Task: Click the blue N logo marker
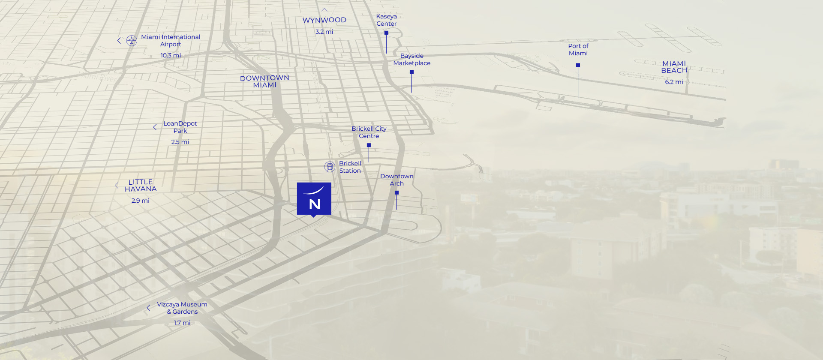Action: click(x=314, y=199)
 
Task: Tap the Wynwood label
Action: click(x=324, y=20)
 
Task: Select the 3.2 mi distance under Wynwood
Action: click(x=324, y=32)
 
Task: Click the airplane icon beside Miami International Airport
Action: click(x=132, y=41)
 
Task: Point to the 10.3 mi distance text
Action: click(x=171, y=55)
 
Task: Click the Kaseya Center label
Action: click(x=386, y=20)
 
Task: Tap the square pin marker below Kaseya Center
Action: click(x=386, y=33)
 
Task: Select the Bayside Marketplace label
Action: click(x=411, y=60)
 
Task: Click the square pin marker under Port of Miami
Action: click(x=578, y=65)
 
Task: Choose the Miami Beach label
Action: click(x=674, y=67)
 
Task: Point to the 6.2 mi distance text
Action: click(x=674, y=82)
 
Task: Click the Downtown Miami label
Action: click(x=264, y=81)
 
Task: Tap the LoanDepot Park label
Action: click(x=180, y=127)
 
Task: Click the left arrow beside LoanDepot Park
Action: click(x=155, y=127)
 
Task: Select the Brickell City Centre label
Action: click(x=369, y=132)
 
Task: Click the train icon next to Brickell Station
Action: click(x=330, y=167)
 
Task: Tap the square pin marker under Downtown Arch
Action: click(x=396, y=193)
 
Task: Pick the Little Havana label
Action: click(x=141, y=186)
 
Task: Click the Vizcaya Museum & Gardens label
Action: click(x=182, y=308)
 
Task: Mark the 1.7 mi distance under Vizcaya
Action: click(x=182, y=323)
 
